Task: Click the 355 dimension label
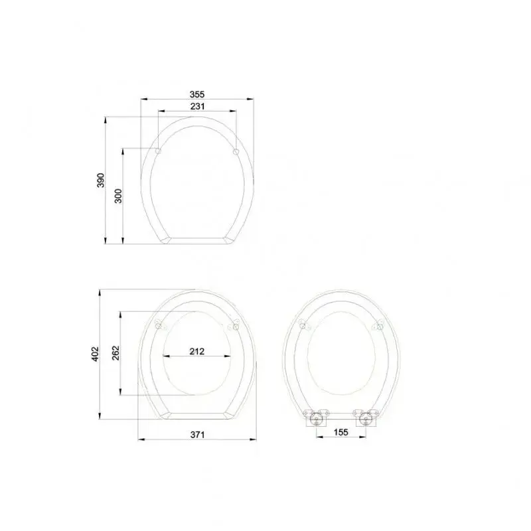197,94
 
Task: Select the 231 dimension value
197,106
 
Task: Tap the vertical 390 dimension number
101,180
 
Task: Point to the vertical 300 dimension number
118,196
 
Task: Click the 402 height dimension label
96,354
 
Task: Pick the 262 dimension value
116,352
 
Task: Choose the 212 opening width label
197,351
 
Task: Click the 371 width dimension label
197,435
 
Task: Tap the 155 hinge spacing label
341,432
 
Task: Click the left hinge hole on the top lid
158,151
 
